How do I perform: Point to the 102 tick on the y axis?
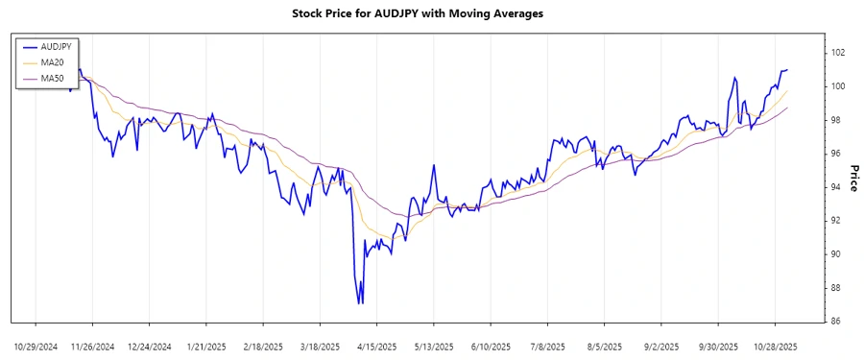click(838, 53)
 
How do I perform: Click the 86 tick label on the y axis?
click(838, 321)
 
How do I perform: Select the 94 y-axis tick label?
click(838, 187)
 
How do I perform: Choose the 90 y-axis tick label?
click(838, 254)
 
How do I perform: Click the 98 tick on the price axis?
click(838, 120)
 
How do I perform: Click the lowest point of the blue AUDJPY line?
click(360, 303)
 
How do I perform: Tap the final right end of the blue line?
click(787, 69)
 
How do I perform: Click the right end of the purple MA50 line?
click(787, 108)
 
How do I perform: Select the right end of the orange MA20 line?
click(787, 91)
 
